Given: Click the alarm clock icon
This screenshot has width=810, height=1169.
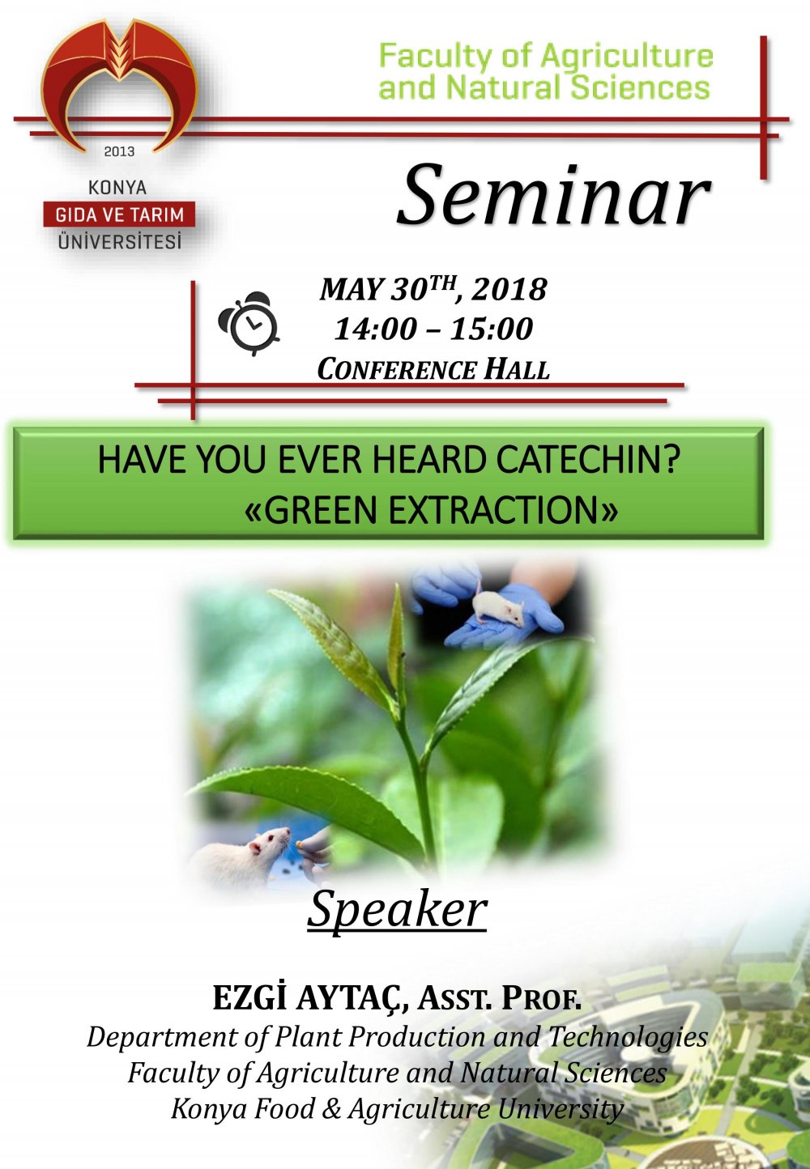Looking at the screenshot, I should tap(249, 324).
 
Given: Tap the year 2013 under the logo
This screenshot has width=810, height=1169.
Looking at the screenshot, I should tap(119, 151).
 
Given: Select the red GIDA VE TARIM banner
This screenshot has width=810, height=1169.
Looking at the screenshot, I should tap(119, 215).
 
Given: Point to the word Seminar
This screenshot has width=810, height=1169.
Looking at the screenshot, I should tap(553, 195).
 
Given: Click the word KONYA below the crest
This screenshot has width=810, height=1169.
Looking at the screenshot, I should tap(117, 188).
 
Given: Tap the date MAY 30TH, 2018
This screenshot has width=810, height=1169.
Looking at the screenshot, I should tap(433, 289).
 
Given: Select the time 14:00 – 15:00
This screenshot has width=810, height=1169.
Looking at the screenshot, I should tap(433, 329).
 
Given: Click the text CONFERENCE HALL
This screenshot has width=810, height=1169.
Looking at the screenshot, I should tap(433, 369).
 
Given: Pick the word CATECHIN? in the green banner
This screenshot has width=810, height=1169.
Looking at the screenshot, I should tap(588, 460).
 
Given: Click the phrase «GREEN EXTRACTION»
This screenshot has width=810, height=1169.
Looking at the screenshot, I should tap(430, 510).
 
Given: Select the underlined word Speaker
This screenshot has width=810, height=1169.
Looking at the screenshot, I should tap(397, 908).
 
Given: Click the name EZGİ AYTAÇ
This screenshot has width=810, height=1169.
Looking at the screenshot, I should tap(305, 997).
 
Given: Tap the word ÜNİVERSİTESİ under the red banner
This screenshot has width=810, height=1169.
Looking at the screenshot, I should tap(119, 241).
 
